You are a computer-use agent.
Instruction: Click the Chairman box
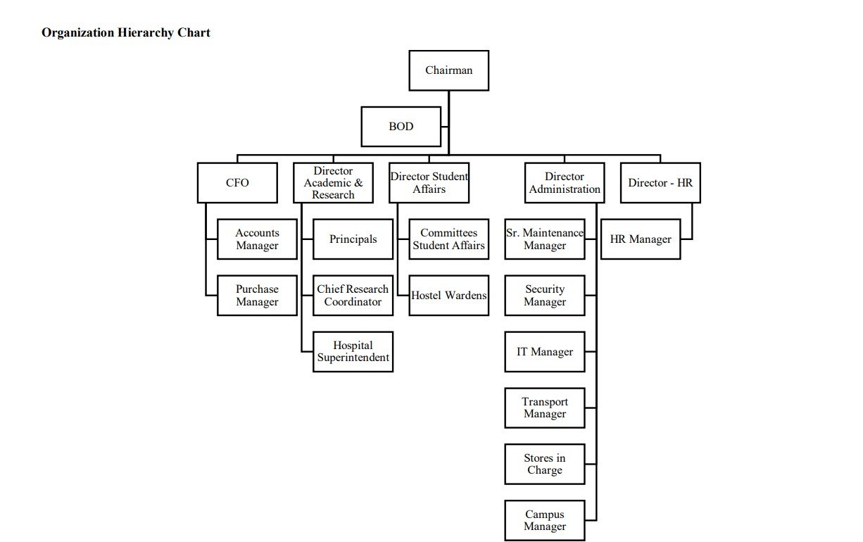point(449,70)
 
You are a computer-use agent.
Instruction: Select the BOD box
point(401,127)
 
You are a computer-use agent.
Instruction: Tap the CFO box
point(237,183)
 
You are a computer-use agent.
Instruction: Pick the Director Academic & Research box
point(334,183)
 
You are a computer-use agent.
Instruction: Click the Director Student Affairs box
point(429,183)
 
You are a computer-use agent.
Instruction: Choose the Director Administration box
point(565,183)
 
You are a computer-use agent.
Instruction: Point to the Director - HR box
point(660,183)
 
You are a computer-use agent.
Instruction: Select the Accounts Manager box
point(257,239)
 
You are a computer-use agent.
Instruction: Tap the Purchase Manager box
point(257,296)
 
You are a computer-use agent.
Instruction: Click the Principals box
point(353,239)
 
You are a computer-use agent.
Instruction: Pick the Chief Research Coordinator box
point(353,296)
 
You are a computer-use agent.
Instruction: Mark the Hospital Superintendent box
point(353,352)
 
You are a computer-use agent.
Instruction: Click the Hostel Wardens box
point(449,296)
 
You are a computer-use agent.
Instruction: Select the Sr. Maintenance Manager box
point(545,239)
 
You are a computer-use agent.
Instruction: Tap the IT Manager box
point(545,352)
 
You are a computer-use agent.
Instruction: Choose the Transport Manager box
point(545,408)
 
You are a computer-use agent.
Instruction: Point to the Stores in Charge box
point(545,465)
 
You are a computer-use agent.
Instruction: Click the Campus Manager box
point(545,521)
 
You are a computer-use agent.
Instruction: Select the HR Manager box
point(641,239)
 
